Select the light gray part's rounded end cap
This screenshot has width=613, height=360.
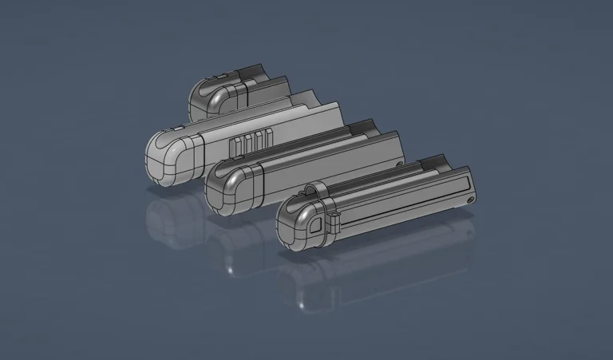coord(169,157)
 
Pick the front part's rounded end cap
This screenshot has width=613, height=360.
coord(303,225)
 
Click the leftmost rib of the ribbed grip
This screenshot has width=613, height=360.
coord(233,146)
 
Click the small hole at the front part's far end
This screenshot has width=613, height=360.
coord(471,200)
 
